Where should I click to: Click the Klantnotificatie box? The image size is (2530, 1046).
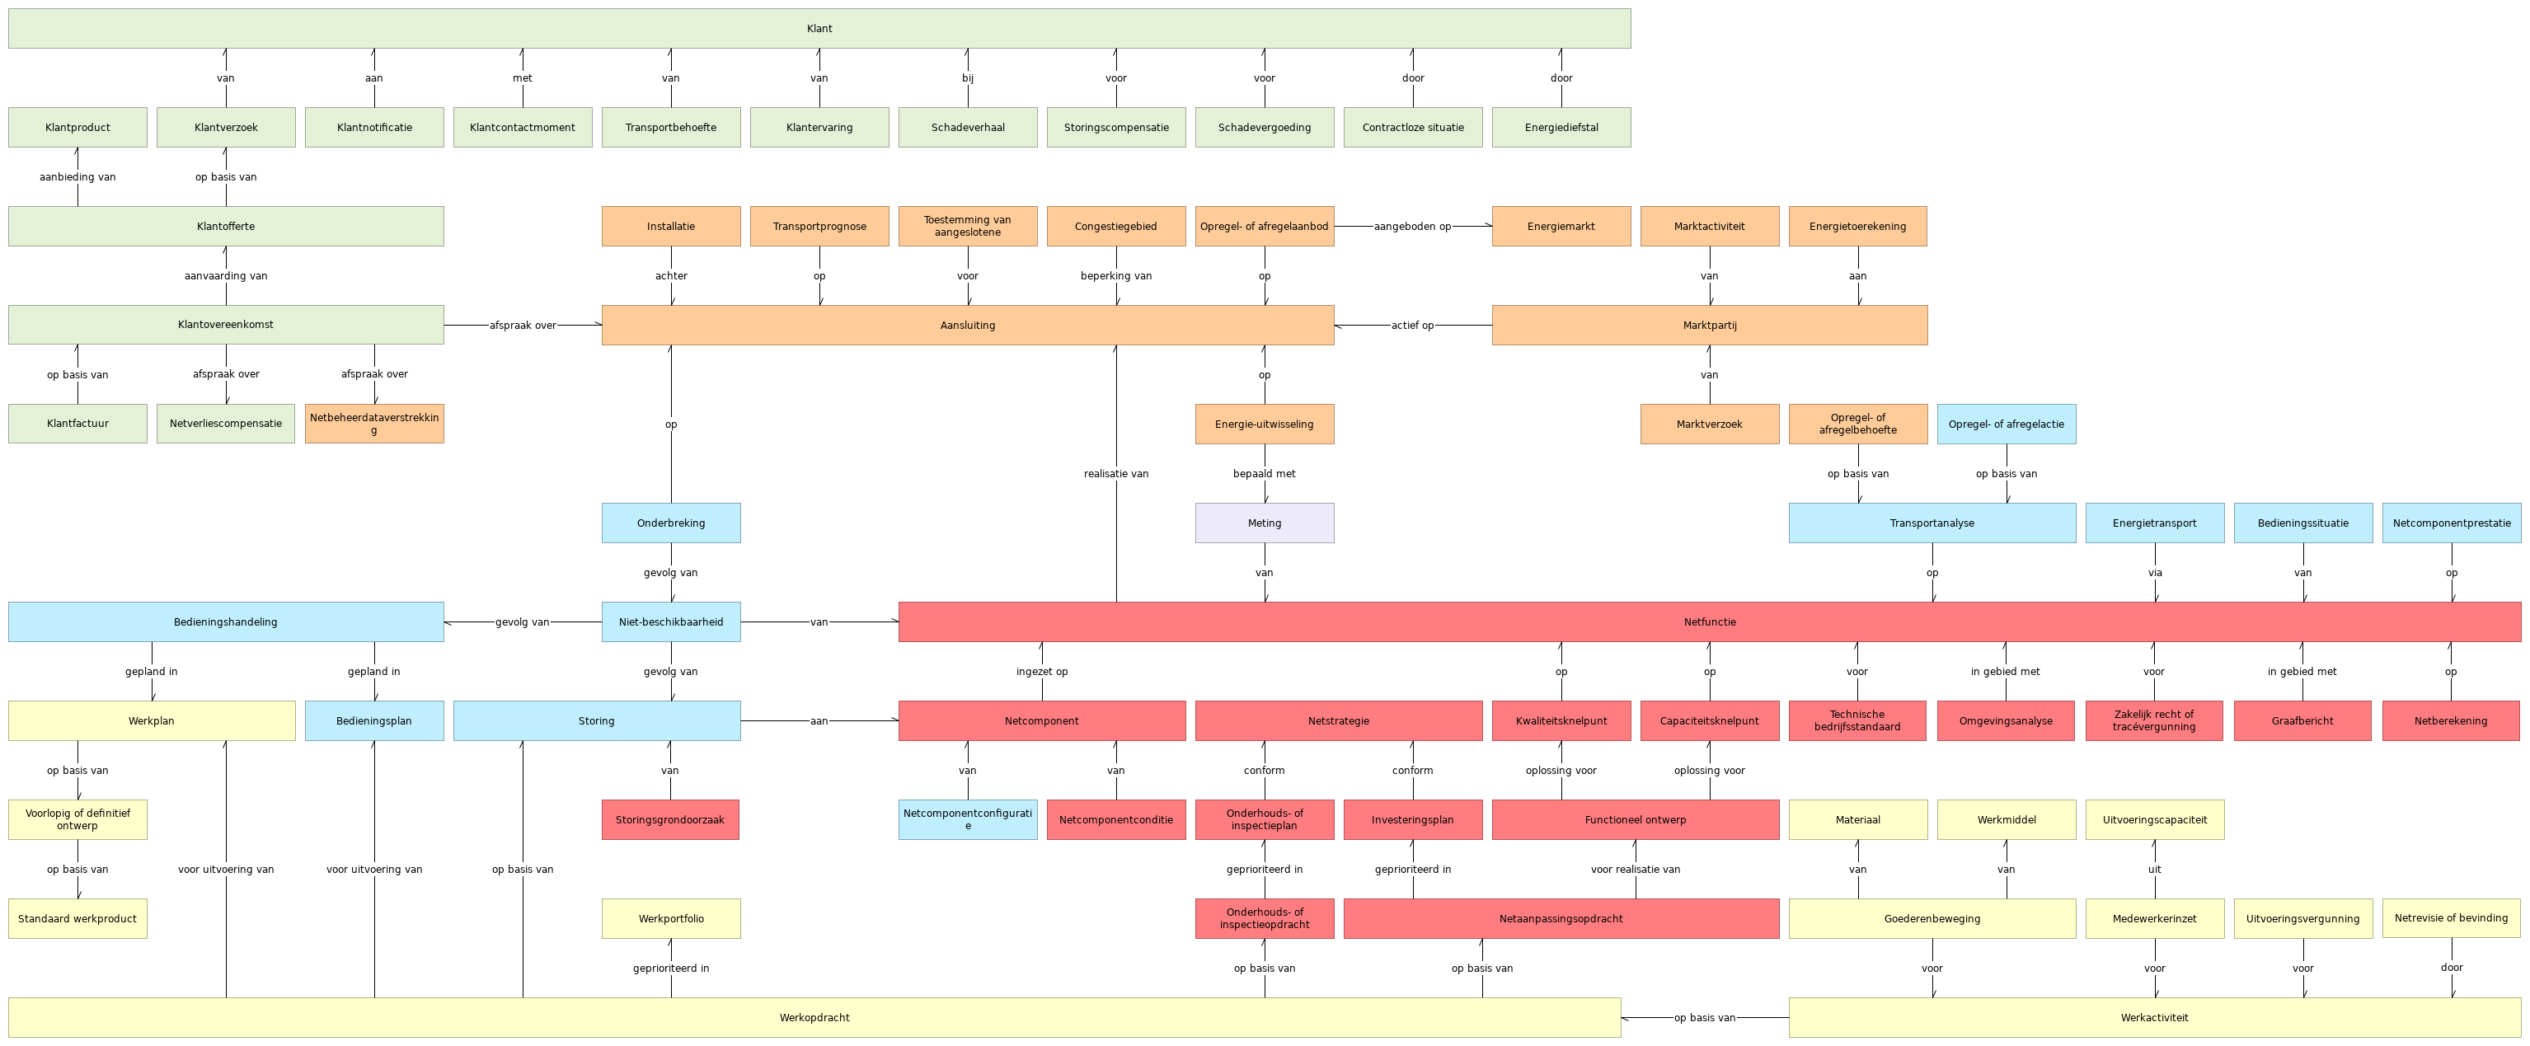click(x=374, y=128)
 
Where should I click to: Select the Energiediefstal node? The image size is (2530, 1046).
click(x=1561, y=128)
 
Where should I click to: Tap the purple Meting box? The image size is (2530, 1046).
click(x=1264, y=523)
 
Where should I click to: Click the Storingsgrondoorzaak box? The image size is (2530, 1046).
click(x=670, y=819)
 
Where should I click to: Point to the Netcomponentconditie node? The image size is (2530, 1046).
click(x=1115, y=819)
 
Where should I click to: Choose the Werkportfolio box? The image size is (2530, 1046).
click(x=671, y=918)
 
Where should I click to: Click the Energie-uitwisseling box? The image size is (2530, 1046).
click(x=1264, y=424)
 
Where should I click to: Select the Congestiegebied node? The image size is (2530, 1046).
click(x=1115, y=226)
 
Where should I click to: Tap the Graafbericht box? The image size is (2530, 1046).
click(x=2302, y=721)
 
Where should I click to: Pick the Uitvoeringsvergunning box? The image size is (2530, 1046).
click(x=2302, y=918)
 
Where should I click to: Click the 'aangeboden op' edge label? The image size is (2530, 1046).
click(x=1412, y=226)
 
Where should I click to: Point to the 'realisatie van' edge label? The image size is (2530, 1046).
click(x=1115, y=473)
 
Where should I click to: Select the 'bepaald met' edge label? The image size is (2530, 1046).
click(x=1264, y=473)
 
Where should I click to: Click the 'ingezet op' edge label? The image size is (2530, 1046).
click(x=1041, y=672)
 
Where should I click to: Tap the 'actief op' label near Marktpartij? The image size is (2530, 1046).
click(x=1412, y=325)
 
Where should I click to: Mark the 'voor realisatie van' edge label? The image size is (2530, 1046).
click(x=1636, y=870)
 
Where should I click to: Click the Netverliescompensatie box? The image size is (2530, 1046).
click(x=226, y=424)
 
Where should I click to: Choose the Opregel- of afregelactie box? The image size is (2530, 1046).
click(x=2006, y=424)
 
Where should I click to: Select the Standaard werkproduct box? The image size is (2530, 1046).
click(x=77, y=918)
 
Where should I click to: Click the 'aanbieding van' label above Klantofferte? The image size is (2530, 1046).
click(x=77, y=176)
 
